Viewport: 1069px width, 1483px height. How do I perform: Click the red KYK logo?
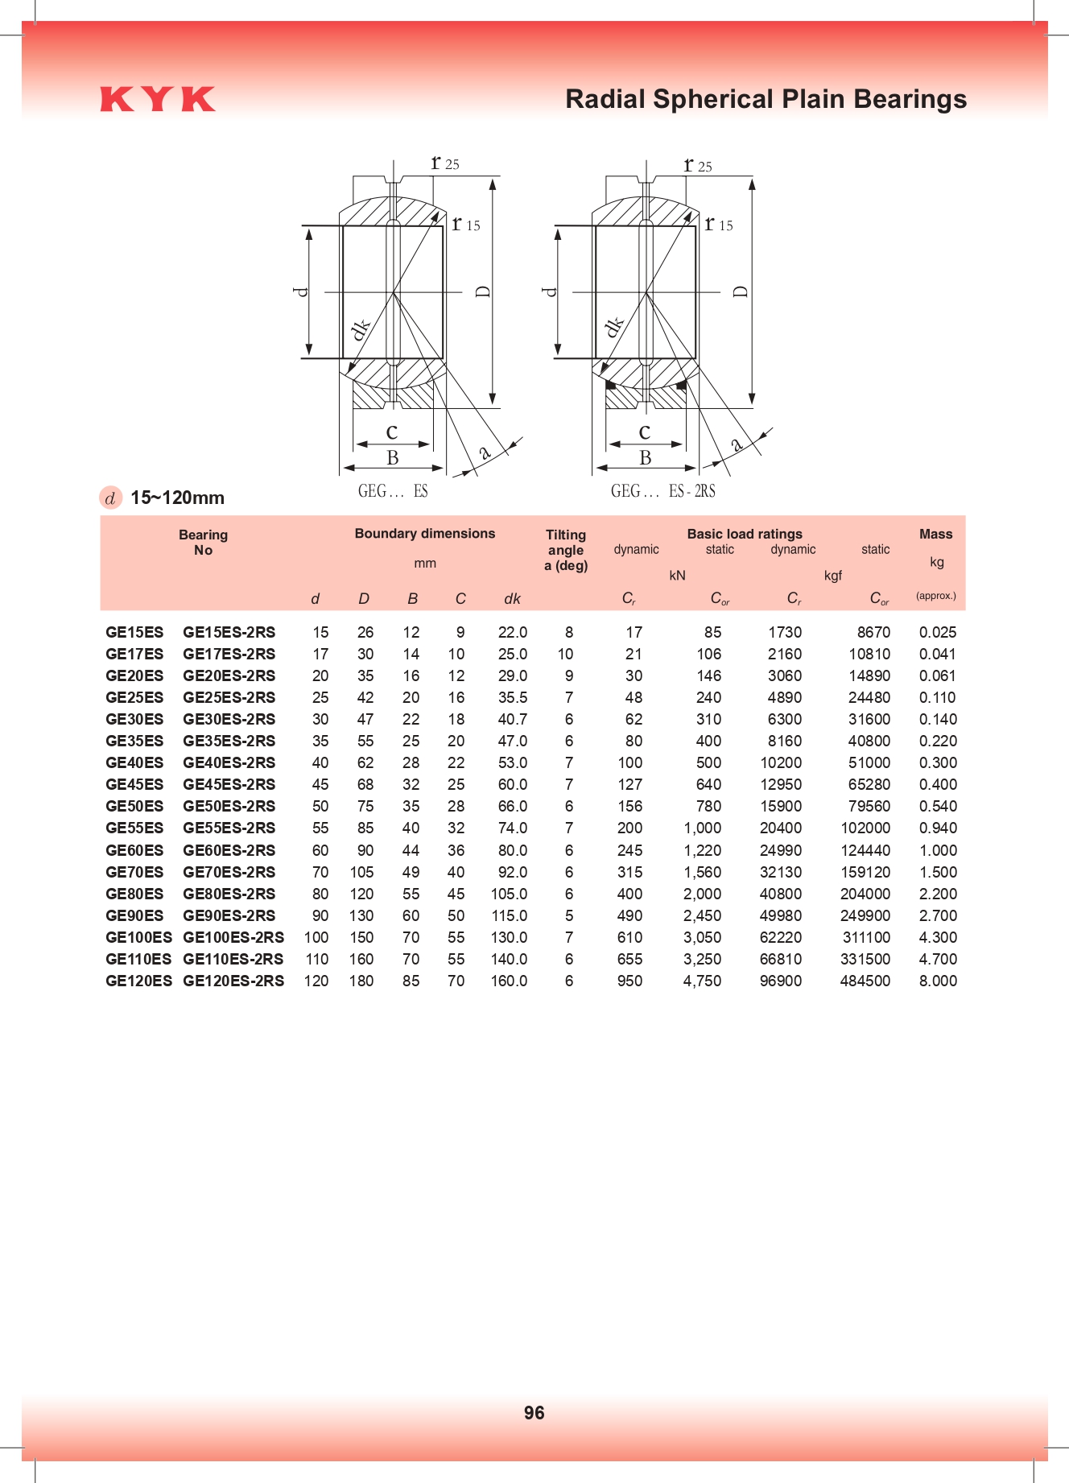pos(158,99)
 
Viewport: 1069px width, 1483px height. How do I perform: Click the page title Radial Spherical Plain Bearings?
pos(766,99)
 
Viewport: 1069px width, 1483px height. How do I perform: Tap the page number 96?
pos(534,1412)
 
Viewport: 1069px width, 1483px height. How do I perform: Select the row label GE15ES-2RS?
pos(229,632)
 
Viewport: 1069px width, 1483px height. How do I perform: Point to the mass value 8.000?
pos(938,981)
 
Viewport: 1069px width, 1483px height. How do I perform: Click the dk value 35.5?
pos(512,697)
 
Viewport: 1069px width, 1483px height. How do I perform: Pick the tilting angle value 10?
pos(565,654)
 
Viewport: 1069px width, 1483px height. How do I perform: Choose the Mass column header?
pos(935,534)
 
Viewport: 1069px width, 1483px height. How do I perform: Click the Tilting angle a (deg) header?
pos(566,550)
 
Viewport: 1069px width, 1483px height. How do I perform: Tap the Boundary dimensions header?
pos(424,533)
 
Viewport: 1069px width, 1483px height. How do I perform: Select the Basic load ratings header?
pos(744,534)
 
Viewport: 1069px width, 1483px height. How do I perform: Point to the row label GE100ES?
pos(138,937)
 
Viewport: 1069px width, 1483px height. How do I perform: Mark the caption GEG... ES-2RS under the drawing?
pos(662,491)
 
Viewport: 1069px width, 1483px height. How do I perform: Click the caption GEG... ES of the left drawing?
pos(393,491)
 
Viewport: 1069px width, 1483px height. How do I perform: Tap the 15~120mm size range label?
pos(177,498)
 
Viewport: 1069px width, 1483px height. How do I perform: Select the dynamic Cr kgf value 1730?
pos(784,632)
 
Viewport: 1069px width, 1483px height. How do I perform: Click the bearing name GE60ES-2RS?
pos(229,850)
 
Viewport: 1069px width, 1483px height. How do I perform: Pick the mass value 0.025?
pos(938,632)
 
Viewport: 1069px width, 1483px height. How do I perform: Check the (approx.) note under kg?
pos(935,596)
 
